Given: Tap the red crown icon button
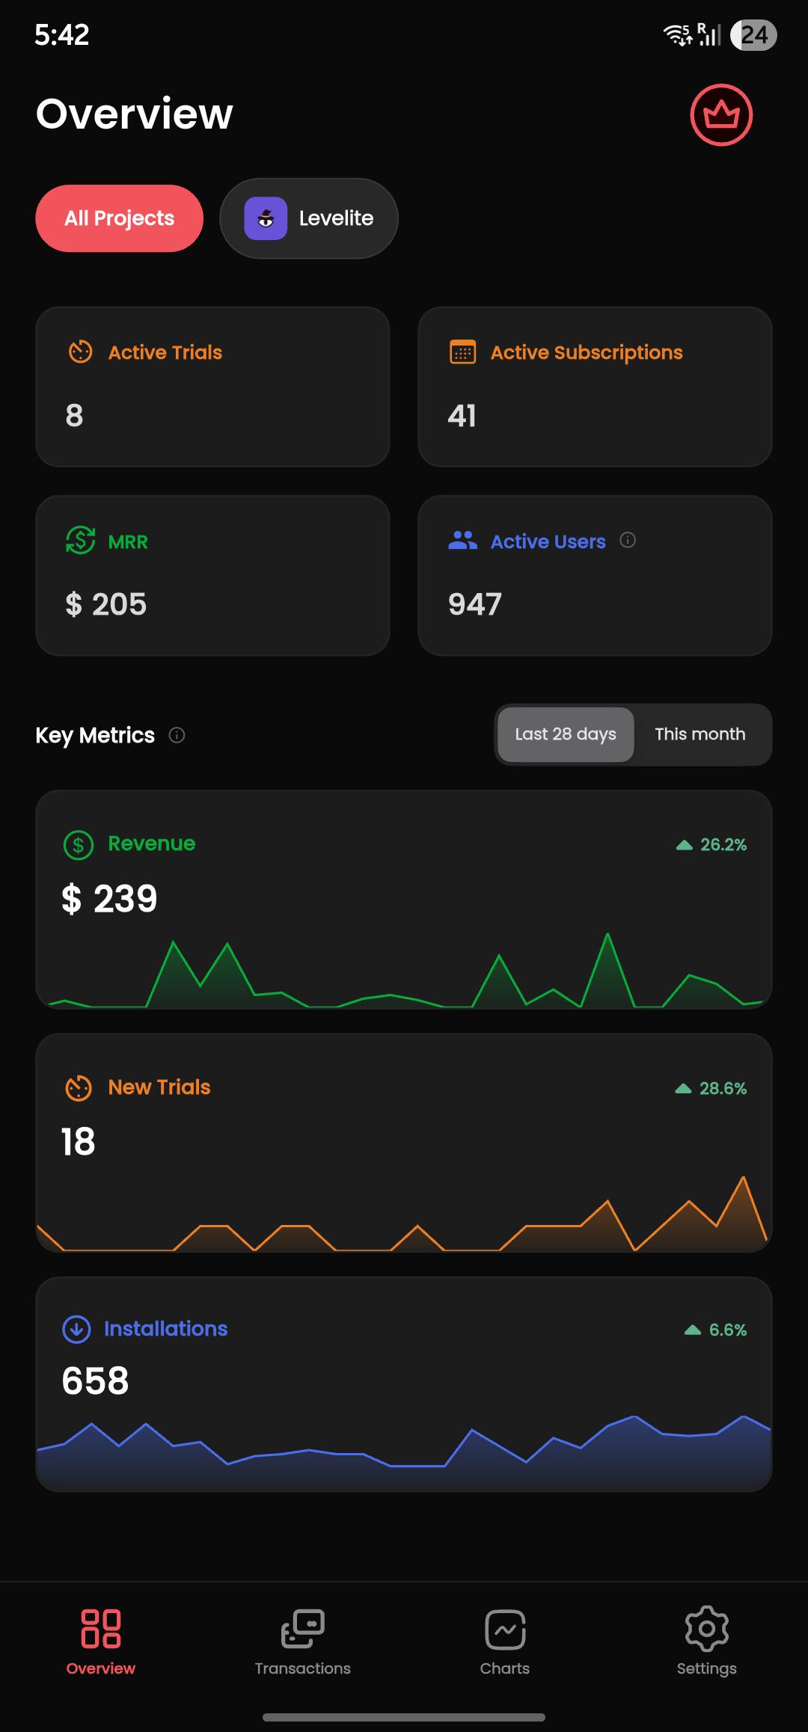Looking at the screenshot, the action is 721,115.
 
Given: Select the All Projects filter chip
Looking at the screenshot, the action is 120,218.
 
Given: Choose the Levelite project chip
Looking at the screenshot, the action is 309,218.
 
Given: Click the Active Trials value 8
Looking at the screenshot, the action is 74,416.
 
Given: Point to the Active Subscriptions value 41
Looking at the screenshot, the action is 462,416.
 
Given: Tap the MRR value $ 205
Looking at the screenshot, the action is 106,604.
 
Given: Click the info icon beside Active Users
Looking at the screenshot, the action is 628,540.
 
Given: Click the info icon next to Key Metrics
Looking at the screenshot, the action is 177,735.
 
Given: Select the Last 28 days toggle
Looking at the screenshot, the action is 566,734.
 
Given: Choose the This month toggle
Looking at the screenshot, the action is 700,734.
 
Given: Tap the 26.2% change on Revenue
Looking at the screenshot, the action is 711,844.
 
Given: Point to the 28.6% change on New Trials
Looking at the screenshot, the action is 711,1088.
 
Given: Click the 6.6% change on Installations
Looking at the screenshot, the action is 716,1330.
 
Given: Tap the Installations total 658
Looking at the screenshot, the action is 95,1381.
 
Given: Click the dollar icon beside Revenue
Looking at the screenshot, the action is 79,845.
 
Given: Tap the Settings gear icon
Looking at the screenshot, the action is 707,1629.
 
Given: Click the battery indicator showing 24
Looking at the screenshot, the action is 754,35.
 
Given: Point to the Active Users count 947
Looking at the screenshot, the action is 475,604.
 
